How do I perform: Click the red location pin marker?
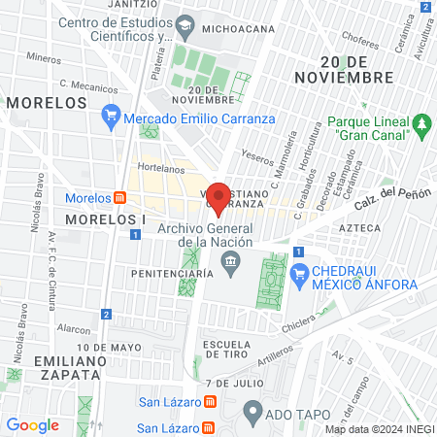219,197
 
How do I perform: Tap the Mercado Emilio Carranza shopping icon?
111,119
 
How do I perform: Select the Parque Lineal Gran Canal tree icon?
421,124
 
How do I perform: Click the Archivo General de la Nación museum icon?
231,259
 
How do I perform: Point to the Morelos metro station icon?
120,198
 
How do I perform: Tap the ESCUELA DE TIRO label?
229,351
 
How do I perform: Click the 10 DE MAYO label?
105,347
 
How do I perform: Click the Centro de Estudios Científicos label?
116,30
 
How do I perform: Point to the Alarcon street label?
73,328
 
